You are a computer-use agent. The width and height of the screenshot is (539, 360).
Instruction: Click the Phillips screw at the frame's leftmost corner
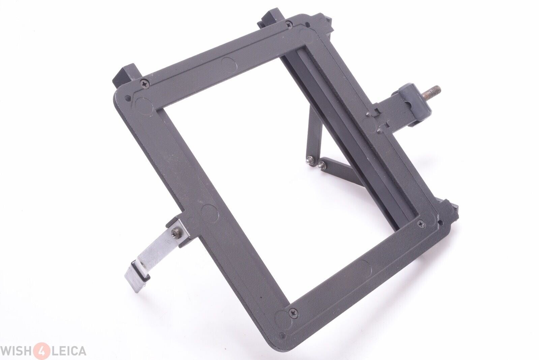click(145, 84)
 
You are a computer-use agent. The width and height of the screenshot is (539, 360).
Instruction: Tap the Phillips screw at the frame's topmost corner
click(288, 24)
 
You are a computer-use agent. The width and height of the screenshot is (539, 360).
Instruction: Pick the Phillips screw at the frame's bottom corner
click(294, 313)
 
